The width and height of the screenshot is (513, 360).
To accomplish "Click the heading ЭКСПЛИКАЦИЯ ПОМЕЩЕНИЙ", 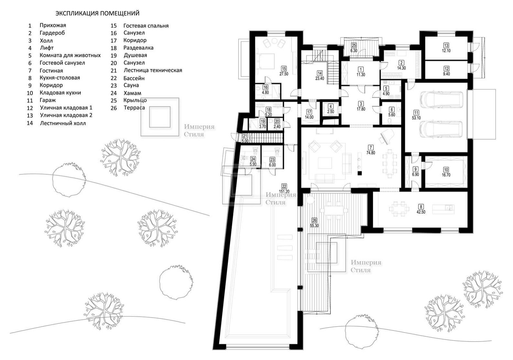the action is point(97,13).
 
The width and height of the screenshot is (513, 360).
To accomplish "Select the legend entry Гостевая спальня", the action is point(146,26).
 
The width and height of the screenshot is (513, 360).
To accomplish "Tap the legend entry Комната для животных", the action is point(70,55).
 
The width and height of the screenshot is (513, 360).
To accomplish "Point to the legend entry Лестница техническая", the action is point(153,70).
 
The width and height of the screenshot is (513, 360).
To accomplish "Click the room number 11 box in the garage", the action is point(416,113).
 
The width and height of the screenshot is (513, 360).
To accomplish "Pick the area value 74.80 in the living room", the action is point(370,153).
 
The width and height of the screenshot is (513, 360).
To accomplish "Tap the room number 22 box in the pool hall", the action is point(284,186).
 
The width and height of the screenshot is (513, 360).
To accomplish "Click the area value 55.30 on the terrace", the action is point(314,226).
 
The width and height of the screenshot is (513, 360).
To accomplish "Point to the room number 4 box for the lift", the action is point(330,107).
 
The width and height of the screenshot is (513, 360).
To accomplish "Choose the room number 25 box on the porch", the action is point(354,46).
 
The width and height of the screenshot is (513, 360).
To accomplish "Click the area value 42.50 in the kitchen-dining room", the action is point(421,212).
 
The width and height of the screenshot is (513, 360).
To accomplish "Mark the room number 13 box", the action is point(446,46).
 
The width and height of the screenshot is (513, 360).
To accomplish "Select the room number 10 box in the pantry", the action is point(446,170).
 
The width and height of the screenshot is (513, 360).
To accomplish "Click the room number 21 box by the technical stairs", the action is point(245,136).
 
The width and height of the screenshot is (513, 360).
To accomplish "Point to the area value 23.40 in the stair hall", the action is point(319,78).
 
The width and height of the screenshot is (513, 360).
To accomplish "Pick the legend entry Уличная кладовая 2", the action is point(66,115).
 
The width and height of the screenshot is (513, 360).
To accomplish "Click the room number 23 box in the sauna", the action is point(272,160).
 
